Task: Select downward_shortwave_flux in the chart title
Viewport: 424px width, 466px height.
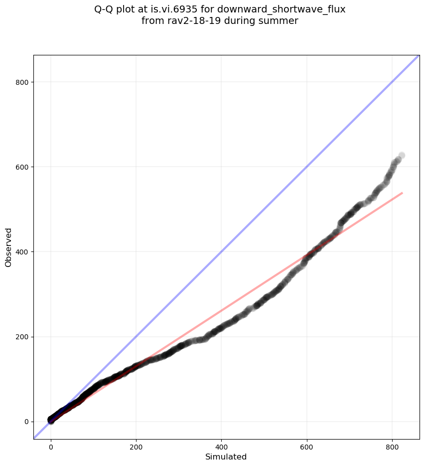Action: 282,9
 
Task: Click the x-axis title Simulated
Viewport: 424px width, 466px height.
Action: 226,457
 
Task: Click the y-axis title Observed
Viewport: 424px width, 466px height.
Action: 8,247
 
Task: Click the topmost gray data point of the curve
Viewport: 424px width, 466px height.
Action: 402,156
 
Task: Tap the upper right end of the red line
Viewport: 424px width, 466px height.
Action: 402,193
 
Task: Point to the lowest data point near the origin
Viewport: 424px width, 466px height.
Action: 51,421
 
